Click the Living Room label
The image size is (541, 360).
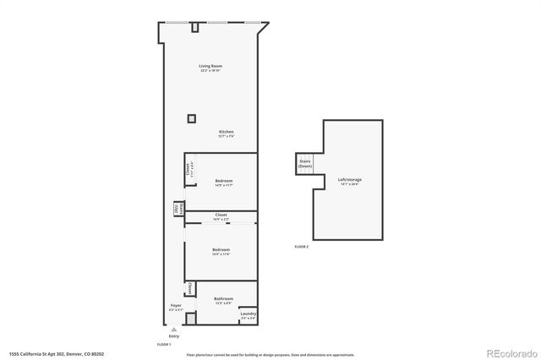(210, 66)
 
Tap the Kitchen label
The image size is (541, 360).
(226, 133)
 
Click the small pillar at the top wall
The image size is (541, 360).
(194, 28)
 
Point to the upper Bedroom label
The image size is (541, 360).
(223, 181)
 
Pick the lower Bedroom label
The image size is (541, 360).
(221, 250)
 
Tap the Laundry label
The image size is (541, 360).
(248, 314)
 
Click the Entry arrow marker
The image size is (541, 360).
(172, 330)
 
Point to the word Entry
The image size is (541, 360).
(173, 335)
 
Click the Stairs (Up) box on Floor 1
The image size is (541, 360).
(177, 208)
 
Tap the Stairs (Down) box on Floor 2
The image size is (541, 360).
(304, 164)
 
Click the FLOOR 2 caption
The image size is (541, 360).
(302, 246)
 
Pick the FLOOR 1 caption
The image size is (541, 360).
(164, 345)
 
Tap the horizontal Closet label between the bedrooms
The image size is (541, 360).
(221, 215)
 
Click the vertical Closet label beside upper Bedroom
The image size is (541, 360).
(190, 169)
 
